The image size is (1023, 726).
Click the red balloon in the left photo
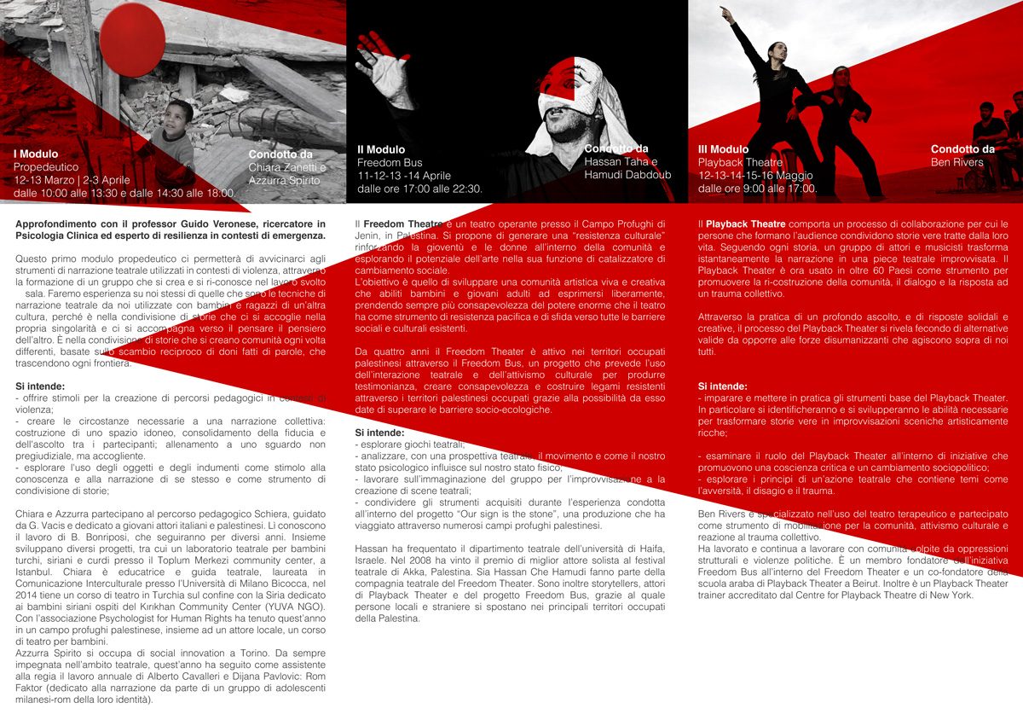point(132,39)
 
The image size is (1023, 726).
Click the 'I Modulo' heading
point(36,154)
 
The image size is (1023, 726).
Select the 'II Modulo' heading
point(381,149)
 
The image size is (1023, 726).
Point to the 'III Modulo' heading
point(723,149)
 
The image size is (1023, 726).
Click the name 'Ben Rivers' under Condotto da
point(957,162)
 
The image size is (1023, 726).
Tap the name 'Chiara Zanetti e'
point(287,167)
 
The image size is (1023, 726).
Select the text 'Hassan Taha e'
point(621,162)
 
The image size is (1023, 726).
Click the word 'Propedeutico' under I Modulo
point(46,167)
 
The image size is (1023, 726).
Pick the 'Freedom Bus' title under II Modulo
point(390,162)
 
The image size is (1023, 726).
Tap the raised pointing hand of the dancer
point(726,15)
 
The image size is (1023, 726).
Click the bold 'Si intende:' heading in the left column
point(40,386)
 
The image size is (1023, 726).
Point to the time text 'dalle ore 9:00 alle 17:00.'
point(757,188)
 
